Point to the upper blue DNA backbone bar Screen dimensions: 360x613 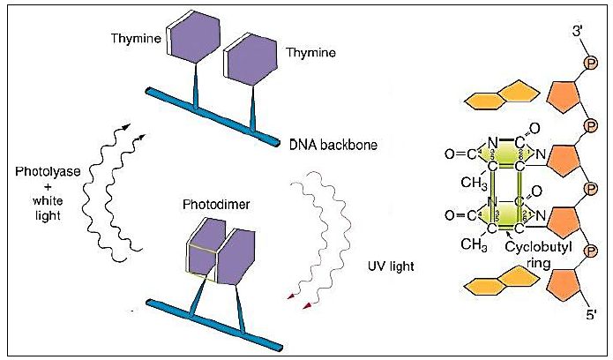click(207, 114)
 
